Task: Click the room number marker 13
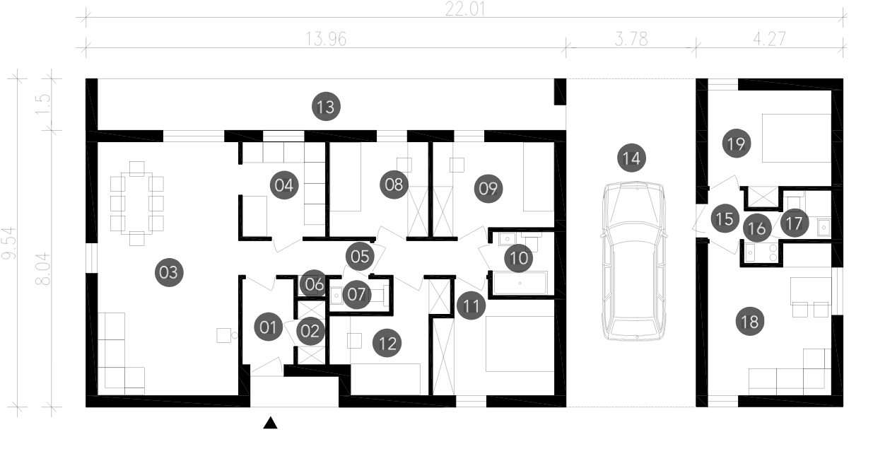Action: pos(326,106)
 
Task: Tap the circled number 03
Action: pos(168,272)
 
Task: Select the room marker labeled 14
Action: pos(631,158)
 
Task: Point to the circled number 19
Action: pos(736,144)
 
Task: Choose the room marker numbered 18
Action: pos(750,322)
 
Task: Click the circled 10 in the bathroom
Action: pos(518,257)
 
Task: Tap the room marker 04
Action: pos(284,185)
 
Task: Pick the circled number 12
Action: pos(387,343)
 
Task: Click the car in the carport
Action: pos(633,261)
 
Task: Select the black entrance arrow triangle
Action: pos(270,424)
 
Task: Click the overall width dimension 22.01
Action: pos(465,8)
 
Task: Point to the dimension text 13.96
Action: pos(326,39)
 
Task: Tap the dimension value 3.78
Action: pos(631,39)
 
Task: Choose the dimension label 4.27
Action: pos(770,39)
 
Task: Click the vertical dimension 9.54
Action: pos(9,243)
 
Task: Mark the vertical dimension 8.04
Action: pos(43,269)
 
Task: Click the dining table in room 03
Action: pos(137,203)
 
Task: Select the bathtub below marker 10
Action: pos(520,283)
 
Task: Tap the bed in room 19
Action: pos(797,138)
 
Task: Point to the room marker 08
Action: pos(394,185)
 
